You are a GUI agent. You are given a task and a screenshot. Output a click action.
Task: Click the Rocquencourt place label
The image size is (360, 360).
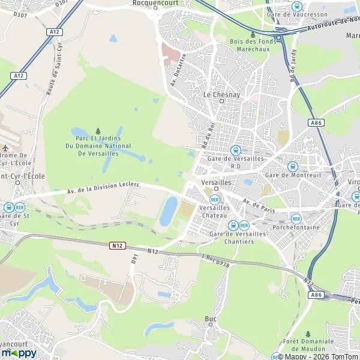[152, 3]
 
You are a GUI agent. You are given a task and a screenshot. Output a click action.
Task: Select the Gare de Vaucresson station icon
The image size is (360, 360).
[295, 6]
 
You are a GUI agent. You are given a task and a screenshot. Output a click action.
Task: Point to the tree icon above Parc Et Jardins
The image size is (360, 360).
[98, 131]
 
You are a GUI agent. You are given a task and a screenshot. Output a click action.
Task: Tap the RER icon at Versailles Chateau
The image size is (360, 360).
[214, 199]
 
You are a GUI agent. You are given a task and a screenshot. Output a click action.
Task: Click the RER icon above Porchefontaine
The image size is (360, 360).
[295, 218]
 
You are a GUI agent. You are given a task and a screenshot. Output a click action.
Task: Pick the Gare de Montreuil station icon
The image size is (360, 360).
[293, 166]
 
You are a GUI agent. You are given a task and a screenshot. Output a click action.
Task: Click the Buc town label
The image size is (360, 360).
[211, 319]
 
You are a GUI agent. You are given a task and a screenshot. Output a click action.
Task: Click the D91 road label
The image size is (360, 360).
[134, 260]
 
